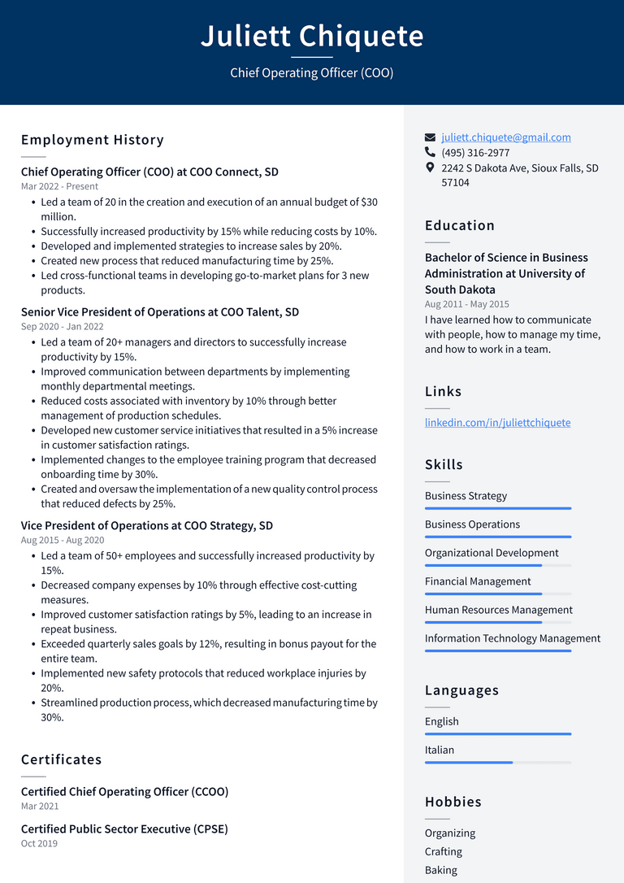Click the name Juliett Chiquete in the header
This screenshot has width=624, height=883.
tap(312, 37)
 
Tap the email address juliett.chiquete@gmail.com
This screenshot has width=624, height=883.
tap(505, 137)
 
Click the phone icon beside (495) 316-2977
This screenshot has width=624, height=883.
tap(430, 152)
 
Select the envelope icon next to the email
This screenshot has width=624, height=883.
tap(430, 137)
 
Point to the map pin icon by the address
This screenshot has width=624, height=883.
tap(430, 167)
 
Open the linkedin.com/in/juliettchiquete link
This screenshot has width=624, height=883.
tap(497, 423)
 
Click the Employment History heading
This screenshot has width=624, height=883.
tap(93, 140)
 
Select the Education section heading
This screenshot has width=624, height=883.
tap(459, 225)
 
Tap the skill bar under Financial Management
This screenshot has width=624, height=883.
tap(497, 594)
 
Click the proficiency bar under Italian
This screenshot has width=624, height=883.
tap(497, 763)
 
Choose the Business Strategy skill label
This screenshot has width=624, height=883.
tap(466, 496)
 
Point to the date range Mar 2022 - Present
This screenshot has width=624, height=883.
tap(59, 186)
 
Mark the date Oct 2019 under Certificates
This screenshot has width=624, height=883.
tap(39, 843)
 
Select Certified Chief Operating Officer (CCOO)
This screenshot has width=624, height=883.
tap(124, 792)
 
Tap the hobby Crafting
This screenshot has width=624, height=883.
tap(443, 851)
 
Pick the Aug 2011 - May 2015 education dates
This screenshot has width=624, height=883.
tap(466, 304)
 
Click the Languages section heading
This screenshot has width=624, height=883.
tap(461, 690)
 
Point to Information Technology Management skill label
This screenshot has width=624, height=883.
tap(513, 638)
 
